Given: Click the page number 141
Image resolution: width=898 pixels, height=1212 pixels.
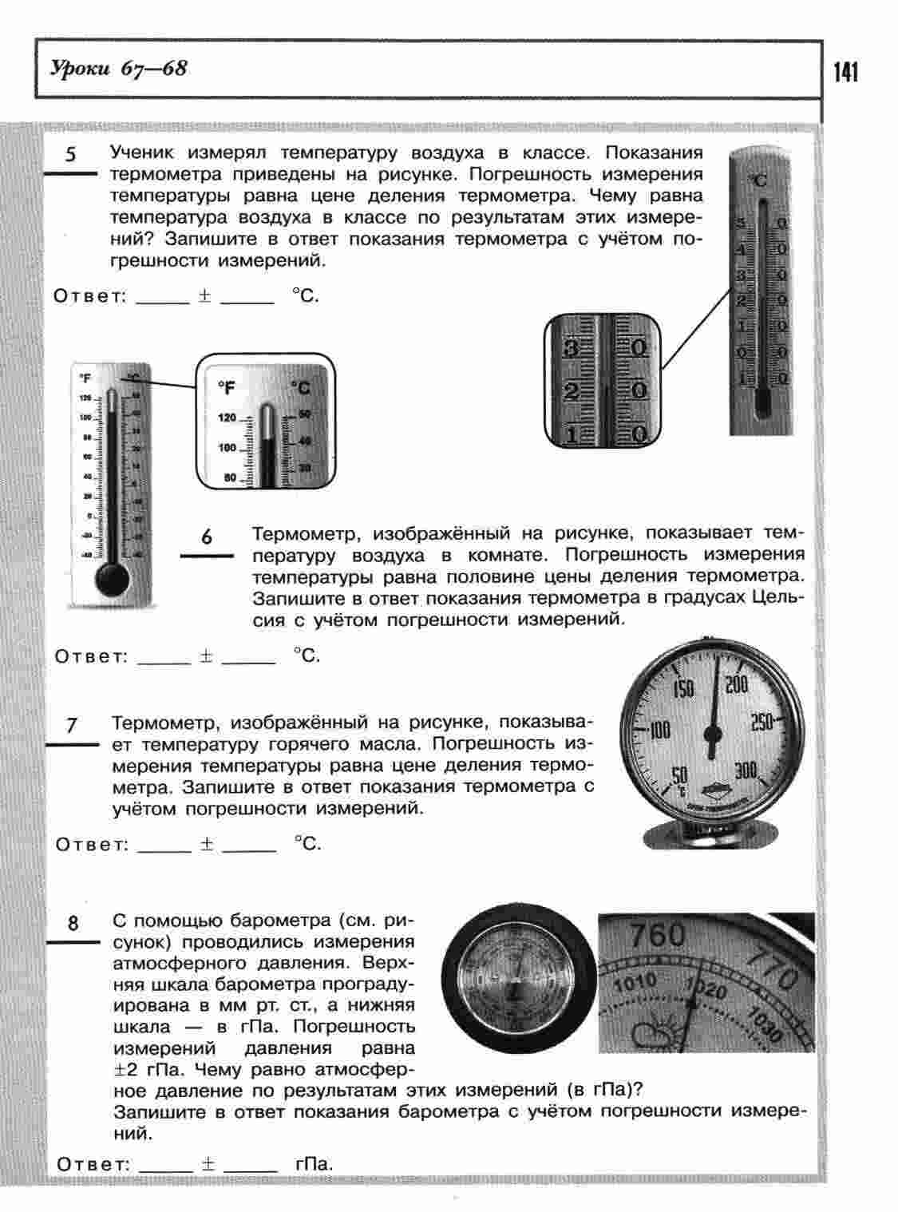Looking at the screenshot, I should tap(845, 73).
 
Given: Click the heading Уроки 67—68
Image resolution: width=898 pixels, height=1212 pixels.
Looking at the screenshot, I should tap(119, 69).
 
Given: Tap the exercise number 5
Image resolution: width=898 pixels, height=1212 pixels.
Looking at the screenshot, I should tap(71, 154).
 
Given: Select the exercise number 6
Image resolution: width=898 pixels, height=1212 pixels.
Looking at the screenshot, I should tap(207, 537).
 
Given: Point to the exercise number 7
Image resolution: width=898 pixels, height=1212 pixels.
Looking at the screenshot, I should tap(72, 725).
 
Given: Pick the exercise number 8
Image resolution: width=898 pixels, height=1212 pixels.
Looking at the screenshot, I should tap(73, 924).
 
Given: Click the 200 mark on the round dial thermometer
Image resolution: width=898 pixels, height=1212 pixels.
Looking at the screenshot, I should tap(736, 684).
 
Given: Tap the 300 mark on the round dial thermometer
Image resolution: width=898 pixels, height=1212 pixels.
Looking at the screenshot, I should tap(746, 770).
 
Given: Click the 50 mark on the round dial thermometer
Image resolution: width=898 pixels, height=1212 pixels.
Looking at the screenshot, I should tap(680, 775).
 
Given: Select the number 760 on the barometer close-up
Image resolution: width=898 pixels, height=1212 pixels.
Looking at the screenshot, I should tap(657, 933).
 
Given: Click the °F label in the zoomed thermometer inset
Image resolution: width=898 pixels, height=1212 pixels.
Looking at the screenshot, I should tap(227, 388).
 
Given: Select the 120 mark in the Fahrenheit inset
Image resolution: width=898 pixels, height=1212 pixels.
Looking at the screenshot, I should tap(227, 418).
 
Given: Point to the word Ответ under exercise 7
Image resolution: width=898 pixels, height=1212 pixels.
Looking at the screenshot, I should tap(92, 844).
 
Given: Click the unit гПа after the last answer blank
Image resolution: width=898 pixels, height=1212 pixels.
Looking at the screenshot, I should tap(313, 1163).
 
